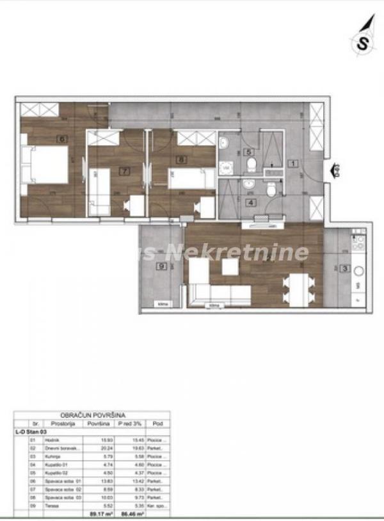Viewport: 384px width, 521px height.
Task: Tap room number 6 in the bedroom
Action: click(62, 137)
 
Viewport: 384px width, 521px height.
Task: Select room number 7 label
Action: click(125, 171)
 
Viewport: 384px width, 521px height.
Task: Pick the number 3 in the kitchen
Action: click(345, 269)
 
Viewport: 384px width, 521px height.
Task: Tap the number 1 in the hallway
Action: click(291, 163)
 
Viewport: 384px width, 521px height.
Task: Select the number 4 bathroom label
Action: click(251, 203)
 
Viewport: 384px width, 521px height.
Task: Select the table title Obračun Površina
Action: click(92, 415)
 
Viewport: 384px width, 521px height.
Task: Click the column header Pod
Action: click(157, 424)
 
